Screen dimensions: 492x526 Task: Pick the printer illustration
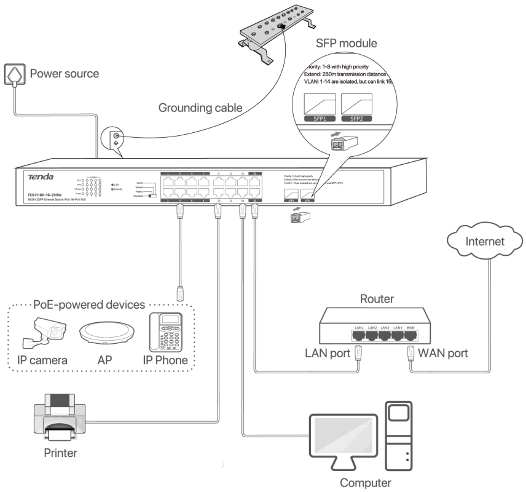click(59, 420)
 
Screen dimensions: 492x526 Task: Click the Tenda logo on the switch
click(40, 177)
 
